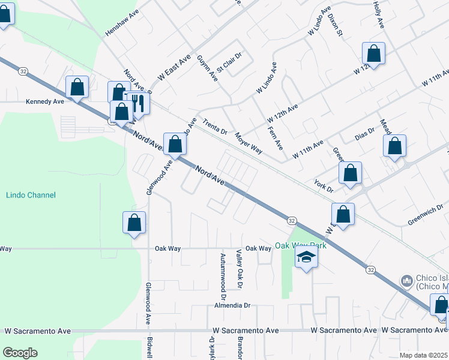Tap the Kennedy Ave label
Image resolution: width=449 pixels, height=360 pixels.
pyautogui.click(x=44, y=102)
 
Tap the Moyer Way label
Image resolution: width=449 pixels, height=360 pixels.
pyautogui.click(x=249, y=143)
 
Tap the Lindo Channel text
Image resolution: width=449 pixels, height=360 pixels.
pyautogui.click(x=31, y=195)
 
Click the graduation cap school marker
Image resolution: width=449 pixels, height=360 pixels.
pyautogui.click(x=306, y=258)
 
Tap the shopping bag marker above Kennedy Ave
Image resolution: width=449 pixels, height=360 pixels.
pyautogui.click(x=78, y=88)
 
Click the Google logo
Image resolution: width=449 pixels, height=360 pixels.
pyautogui.click(x=20, y=353)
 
